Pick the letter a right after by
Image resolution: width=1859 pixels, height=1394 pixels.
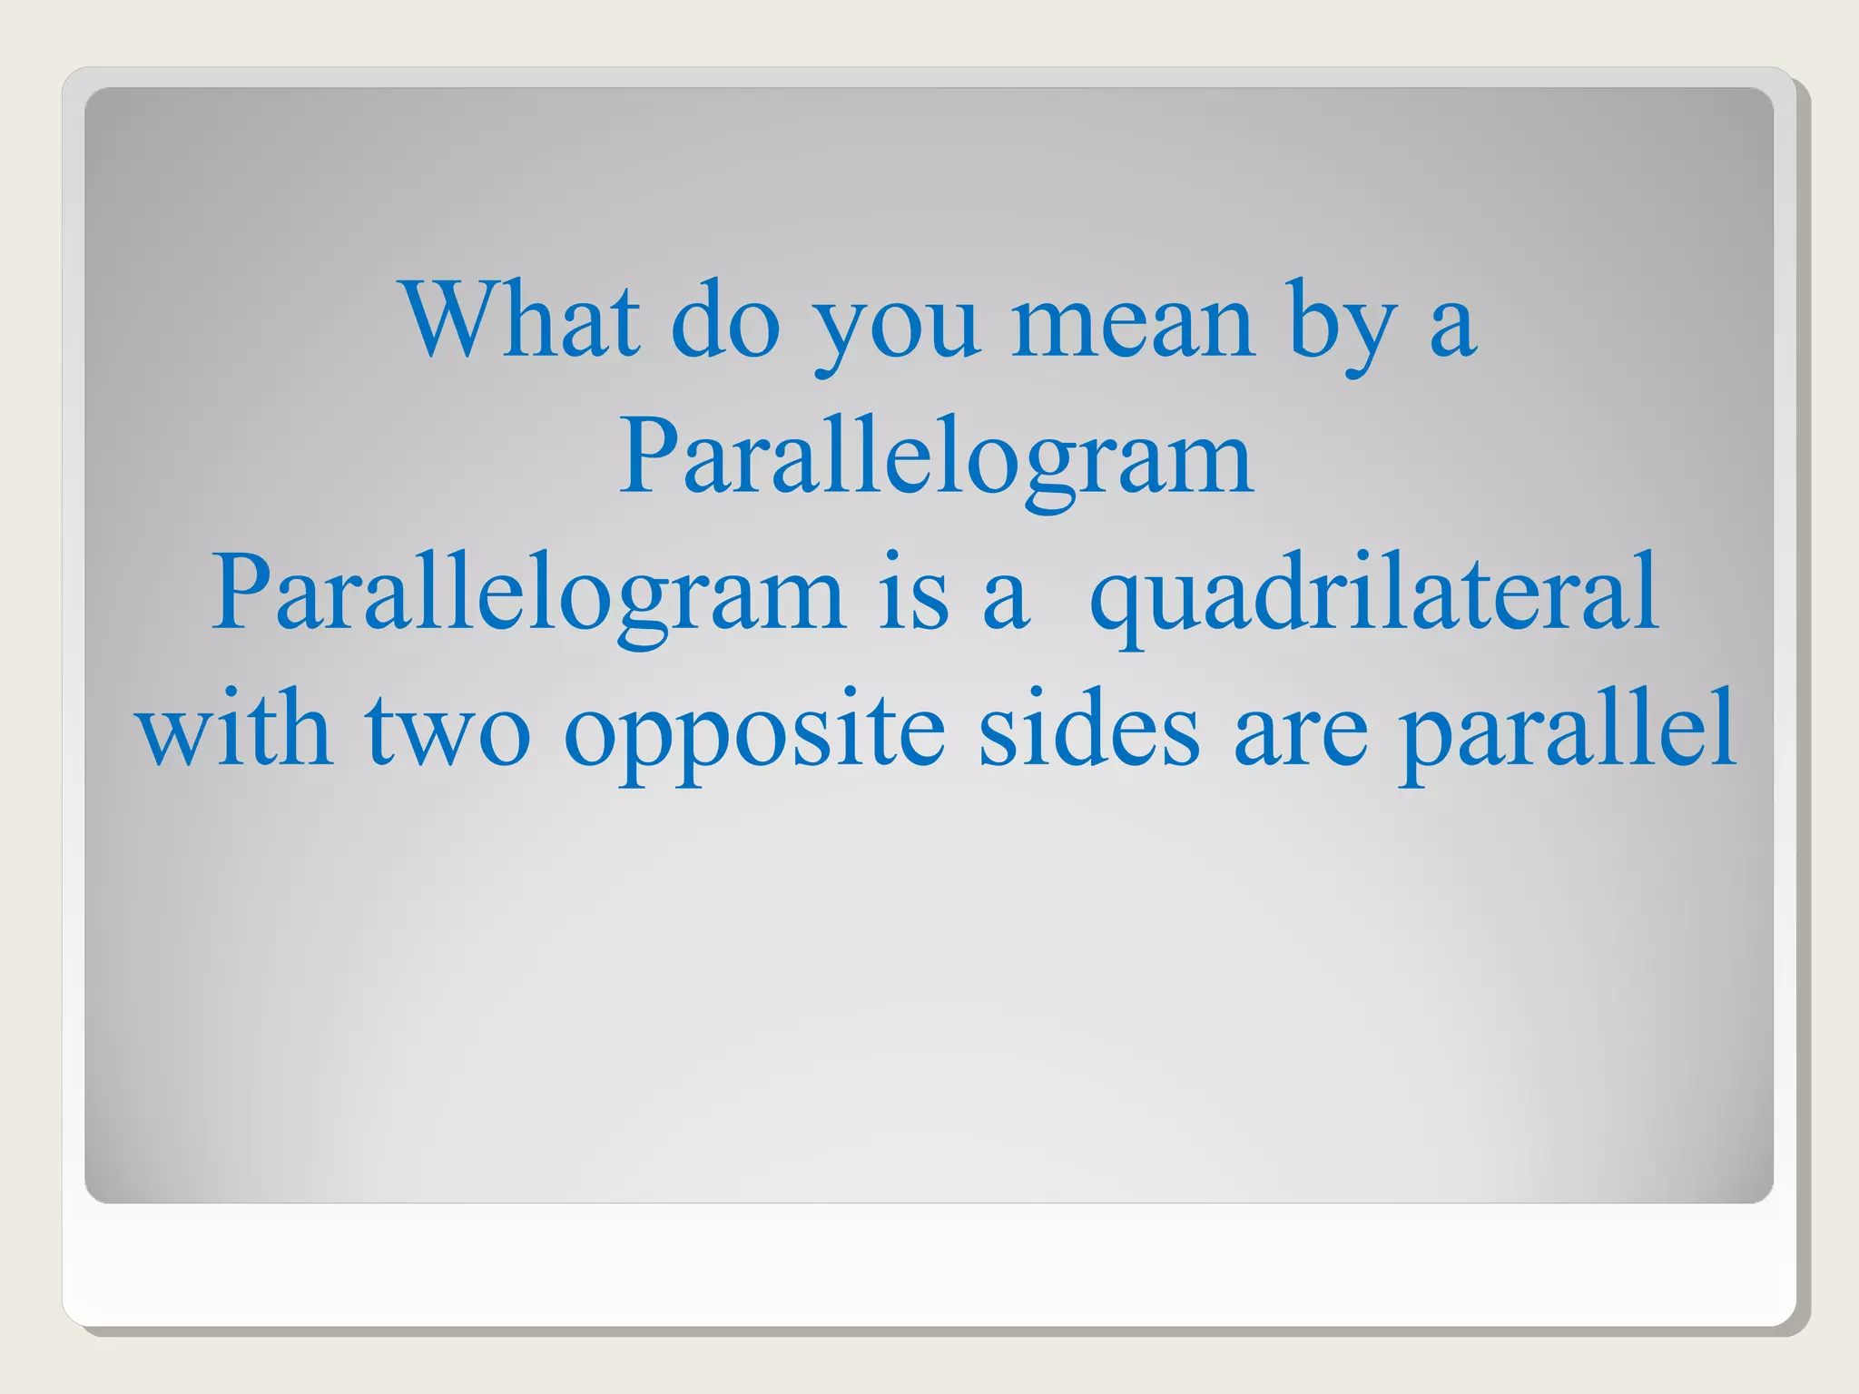[x=1451, y=327]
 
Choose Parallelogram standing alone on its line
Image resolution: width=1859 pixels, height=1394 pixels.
[x=936, y=458]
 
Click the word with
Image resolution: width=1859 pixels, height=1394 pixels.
[x=234, y=731]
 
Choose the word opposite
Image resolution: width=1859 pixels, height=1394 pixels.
[x=754, y=735]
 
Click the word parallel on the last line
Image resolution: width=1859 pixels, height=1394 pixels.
[x=1567, y=735]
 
